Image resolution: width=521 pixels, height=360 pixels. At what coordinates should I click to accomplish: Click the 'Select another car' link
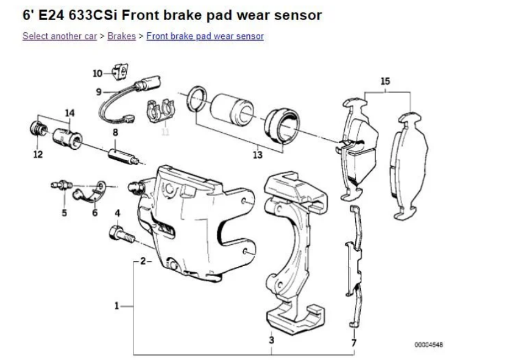pyautogui.click(x=59, y=36)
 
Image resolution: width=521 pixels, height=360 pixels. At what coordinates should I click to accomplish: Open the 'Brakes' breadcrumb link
pyautogui.click(x=121, y=36)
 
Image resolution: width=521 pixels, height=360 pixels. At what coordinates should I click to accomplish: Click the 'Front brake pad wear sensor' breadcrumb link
pyautogui.click(x=205, y=36)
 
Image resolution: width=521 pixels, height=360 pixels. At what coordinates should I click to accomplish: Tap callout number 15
pyautogui.click(x=385, y=81)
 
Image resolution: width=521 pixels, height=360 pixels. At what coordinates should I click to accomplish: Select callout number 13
pyautogui.click(x=258, y=155)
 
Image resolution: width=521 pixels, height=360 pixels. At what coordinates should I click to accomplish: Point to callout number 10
pyautogui.click(x=97, y=74)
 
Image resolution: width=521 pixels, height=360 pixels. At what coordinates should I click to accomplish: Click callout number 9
pyautogui.click(x=98, y=92)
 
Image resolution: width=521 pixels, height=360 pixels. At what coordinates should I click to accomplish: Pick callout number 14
pyautogui.click(x=69, y=113)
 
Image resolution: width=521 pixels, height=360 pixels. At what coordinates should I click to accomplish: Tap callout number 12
pyautogui.click(x=38, y=155)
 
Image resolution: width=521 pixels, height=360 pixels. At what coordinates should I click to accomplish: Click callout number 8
pyautogui.click(x=114, y=132)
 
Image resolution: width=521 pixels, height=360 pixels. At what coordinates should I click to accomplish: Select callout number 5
pyautogui.click(x=64, y=213)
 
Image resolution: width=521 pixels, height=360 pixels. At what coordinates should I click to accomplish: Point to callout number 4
pyautogui.click(x=118, y=213)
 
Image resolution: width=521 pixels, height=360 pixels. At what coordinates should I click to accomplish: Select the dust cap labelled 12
pyautogui.click(x=37, y=129)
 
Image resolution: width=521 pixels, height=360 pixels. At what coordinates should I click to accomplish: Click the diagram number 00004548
pyautogui.click(x=429, y=345)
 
